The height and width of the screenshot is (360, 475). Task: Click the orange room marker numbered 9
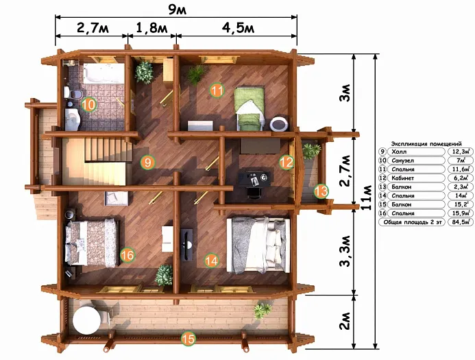147,163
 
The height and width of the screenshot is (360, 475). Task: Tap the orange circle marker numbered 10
88,105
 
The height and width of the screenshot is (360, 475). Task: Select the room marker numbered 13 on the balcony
321,191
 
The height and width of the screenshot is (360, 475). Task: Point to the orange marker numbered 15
188,339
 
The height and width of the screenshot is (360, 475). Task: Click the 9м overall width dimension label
178,10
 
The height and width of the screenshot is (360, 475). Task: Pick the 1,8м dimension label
151,28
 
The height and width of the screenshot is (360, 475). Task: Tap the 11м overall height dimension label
367,197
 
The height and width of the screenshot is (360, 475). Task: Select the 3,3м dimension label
345,251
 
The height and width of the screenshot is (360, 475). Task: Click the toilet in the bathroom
72,93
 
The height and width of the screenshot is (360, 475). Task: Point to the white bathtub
103,73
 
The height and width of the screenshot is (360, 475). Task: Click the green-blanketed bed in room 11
249,108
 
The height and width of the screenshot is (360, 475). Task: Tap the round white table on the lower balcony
86,320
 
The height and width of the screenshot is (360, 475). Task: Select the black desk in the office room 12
254,178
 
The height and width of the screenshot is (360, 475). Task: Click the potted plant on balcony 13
311,151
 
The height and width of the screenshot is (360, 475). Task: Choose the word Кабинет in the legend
402,178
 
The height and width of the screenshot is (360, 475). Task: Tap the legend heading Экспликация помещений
426,143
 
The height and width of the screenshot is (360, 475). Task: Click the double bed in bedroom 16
91,243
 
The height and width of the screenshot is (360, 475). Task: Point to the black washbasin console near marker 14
186,245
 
